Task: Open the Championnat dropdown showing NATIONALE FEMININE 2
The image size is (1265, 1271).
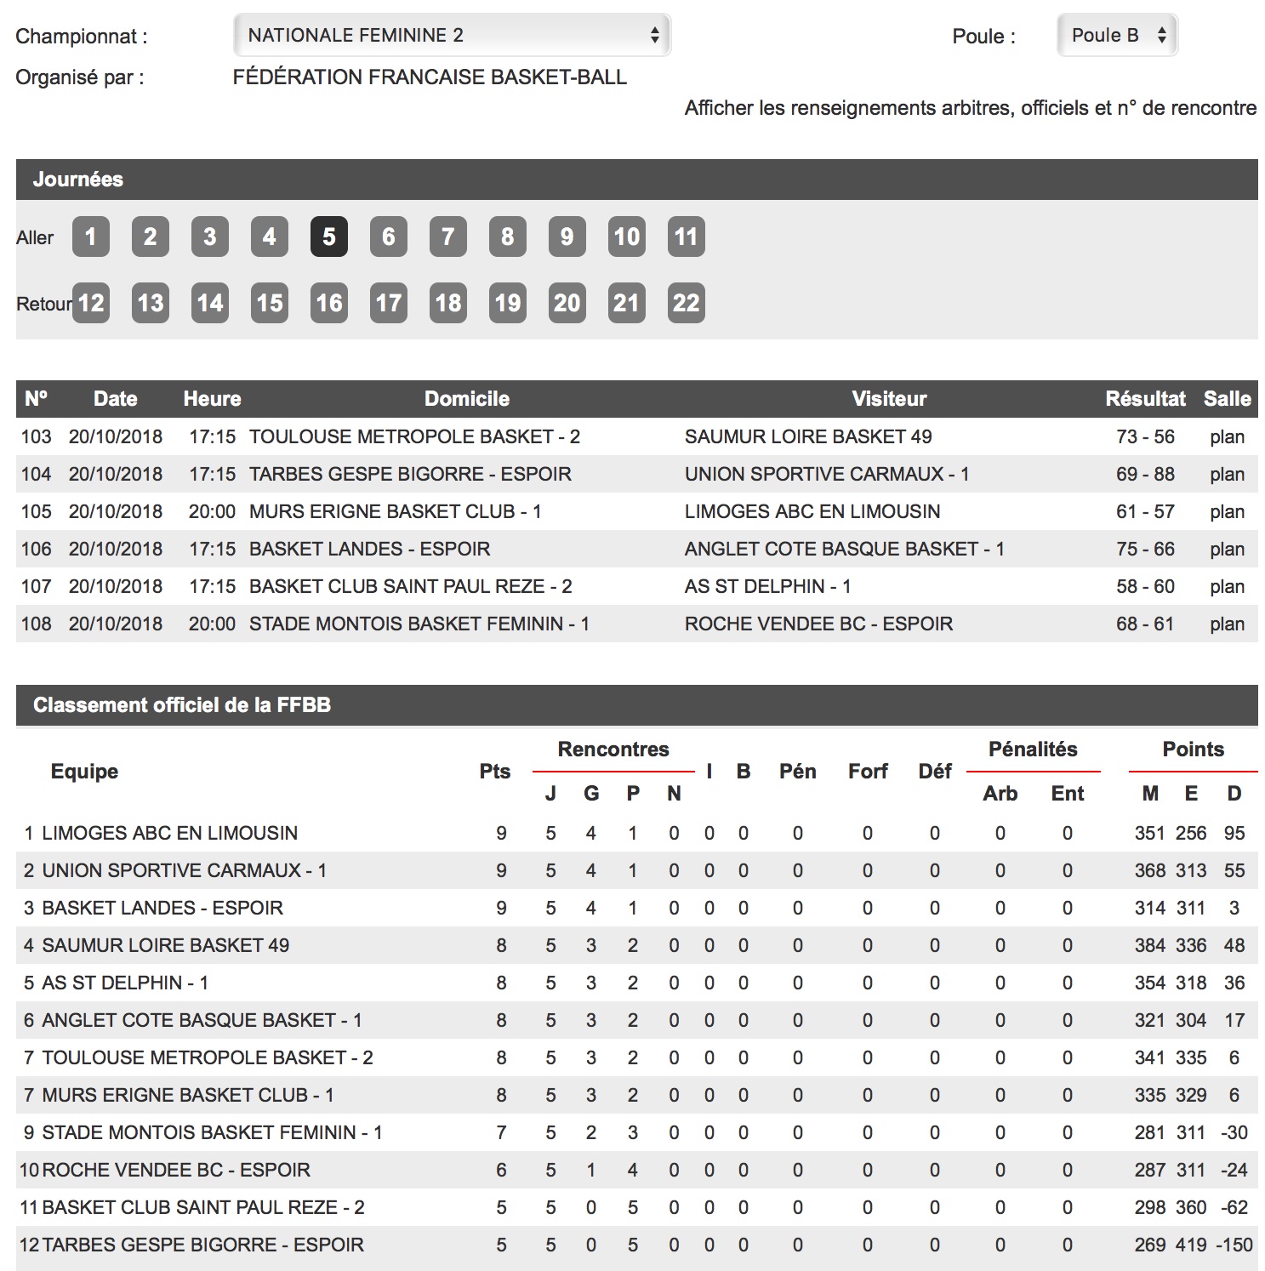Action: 452,36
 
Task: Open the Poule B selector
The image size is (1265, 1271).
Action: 1116,36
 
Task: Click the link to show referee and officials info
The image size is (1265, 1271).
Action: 970,108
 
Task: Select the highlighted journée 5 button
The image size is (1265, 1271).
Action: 329,237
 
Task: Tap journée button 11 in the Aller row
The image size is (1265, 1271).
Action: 686,237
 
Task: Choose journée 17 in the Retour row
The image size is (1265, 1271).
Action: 389,303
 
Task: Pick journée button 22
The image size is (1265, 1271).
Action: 686,303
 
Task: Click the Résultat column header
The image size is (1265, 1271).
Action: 1145,399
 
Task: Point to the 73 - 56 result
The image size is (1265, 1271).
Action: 1145,437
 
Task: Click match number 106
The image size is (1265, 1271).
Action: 37,550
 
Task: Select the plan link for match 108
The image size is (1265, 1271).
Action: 1227,624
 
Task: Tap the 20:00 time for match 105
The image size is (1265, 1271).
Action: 212,512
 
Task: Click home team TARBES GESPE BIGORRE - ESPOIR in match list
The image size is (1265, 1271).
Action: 410,475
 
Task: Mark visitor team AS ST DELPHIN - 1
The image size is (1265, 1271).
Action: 767,587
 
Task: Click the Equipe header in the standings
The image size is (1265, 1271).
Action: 84,772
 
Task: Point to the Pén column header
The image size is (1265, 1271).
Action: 797,772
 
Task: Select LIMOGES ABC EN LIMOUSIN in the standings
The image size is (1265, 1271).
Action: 169,834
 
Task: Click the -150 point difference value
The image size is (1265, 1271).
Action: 1234,1245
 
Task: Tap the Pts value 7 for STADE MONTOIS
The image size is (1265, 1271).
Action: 501,1133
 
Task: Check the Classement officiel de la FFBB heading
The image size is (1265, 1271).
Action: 181,705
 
